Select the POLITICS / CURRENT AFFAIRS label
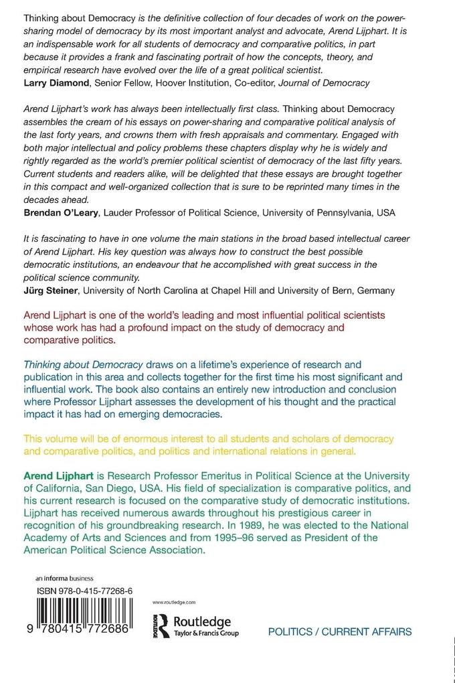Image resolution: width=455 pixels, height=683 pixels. point(339,632)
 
